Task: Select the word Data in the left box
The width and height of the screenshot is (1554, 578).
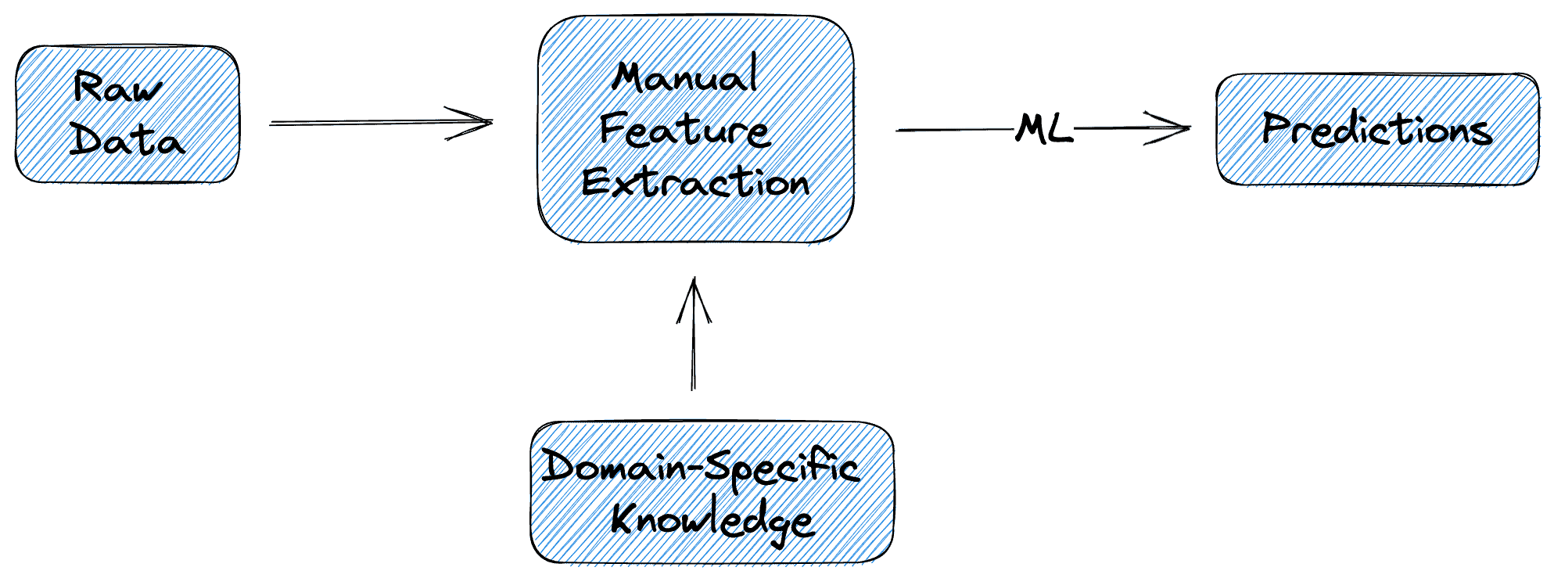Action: coord(127,141)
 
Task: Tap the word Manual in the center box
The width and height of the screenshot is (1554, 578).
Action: coord(685,77)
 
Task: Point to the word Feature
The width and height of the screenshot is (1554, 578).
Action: coord(685,130)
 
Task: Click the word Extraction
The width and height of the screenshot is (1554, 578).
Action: coord(695,183)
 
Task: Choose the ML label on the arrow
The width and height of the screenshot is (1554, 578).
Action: coord(1044,129)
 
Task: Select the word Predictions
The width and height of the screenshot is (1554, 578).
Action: coord(1376,130)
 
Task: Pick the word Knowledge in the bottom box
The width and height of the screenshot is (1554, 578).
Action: coord(712,520)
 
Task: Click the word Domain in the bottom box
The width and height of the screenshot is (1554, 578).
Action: coord(614,468)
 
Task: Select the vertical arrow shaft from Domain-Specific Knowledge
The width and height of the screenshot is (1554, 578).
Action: coord(693,352)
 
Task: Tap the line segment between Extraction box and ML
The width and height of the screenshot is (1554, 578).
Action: coord(954,130)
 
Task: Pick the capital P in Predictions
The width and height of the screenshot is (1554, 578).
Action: coord(1276,128)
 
